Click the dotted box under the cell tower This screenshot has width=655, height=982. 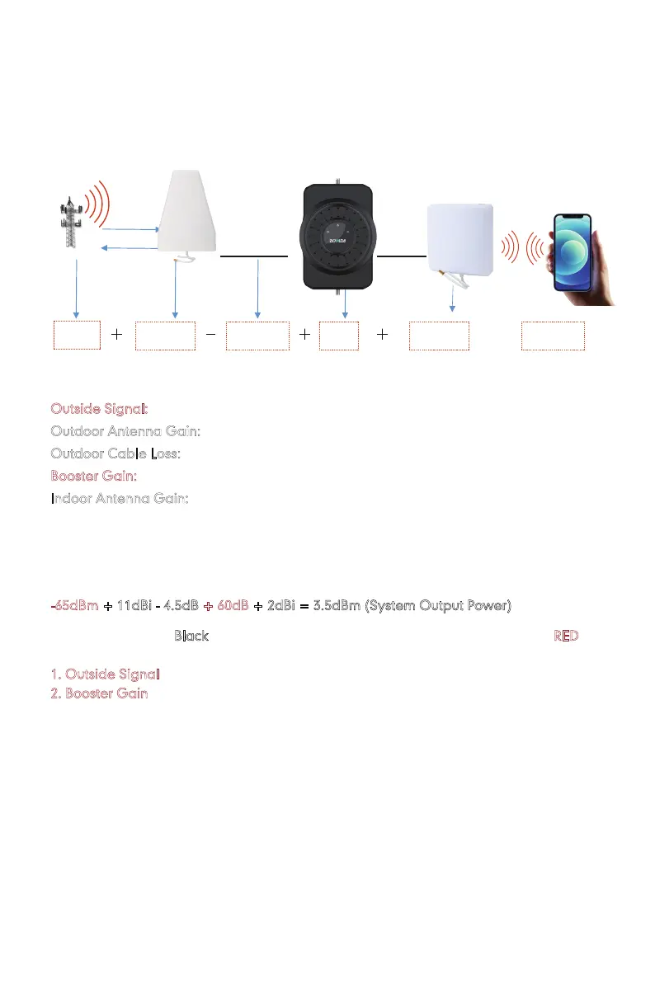[77, 336]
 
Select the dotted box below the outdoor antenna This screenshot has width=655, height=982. [165, 336]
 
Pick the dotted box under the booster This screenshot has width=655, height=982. [339, 336]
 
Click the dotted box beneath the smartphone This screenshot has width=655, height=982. [553, 336]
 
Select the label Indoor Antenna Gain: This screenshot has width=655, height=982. [120, 499]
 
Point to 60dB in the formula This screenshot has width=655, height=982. [233, 606]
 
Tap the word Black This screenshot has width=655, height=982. [191, 637]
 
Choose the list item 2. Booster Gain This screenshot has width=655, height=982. [99, 693]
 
